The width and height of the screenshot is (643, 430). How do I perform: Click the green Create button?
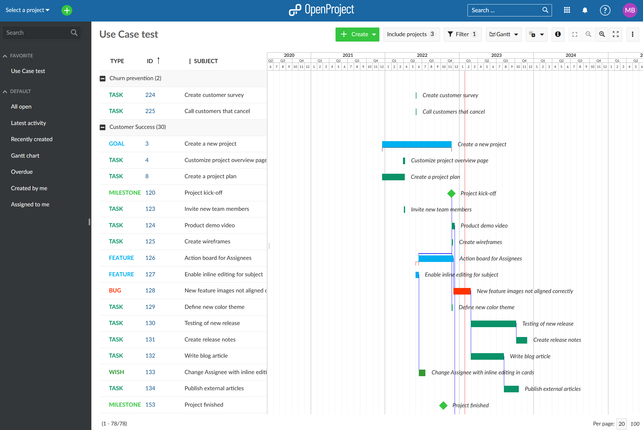point(357,34)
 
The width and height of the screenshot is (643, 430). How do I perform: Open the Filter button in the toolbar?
point(462,34)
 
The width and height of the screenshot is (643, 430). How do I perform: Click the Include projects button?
point(411,34)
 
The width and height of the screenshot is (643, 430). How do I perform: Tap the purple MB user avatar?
point(630,10)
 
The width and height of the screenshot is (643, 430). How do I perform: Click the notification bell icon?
point(585,10)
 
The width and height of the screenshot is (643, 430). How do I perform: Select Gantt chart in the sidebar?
point(25,155)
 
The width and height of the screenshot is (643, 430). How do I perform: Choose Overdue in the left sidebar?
point(22,172)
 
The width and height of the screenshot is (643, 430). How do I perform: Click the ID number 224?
point(150,95)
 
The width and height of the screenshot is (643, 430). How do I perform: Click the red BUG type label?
point(115,290)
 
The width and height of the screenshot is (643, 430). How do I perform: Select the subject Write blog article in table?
point(206,356)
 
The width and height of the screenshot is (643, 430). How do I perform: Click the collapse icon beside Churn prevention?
point(102,78)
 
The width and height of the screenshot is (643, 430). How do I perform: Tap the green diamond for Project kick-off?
point(451,193)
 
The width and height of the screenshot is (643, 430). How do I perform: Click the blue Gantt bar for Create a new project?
point(417,144)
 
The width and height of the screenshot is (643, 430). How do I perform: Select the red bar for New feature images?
point(462,291)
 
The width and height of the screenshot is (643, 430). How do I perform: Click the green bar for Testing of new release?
point(493,324)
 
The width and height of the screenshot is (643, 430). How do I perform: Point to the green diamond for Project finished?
point(443,405)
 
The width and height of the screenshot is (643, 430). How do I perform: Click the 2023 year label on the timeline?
point(496,55)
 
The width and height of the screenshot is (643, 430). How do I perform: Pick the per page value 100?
point(635,424)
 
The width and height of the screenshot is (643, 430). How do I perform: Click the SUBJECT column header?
point(206,61)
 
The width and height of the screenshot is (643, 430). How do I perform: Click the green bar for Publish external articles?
point(511,389)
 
